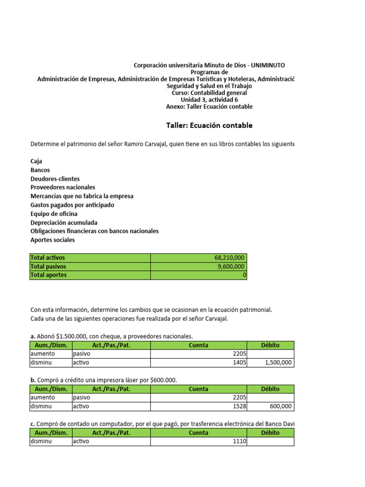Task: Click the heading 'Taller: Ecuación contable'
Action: [209, 126]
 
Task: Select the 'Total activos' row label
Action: [48, 258]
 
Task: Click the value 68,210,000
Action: [230, 258]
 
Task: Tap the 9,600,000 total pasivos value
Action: [231, 266]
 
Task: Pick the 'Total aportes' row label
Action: [48, 275]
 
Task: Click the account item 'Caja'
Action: [36, 161]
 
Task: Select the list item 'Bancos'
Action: [40, 170]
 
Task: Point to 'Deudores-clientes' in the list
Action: [55, 179]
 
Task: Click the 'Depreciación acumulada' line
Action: [64, 222]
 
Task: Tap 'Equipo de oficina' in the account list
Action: [54, 214]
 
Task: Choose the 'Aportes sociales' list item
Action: [52, 240]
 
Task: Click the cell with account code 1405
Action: [240, 362]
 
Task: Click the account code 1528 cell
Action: [240, 406]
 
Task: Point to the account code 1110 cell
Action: [240, 441]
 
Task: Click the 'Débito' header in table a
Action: [270, 345]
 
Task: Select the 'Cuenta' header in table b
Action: [198, 389]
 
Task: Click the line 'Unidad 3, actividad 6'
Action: [209, 100]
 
